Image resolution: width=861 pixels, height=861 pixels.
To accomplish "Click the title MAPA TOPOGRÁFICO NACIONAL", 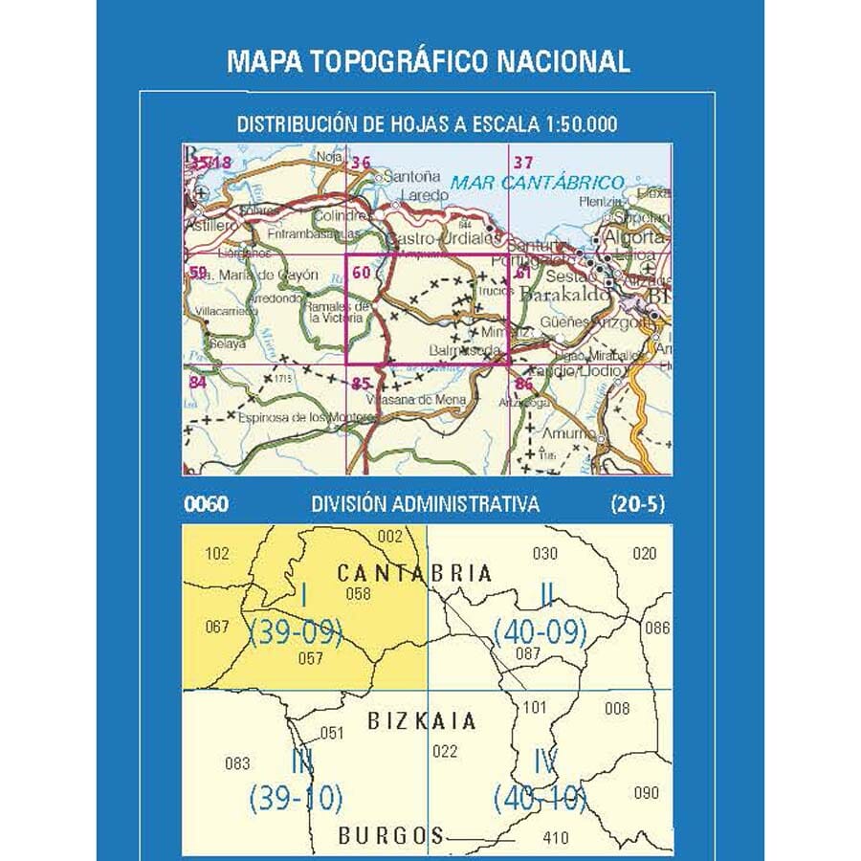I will [429, 62].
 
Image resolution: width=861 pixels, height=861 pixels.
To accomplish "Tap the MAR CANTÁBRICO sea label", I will [538, 182].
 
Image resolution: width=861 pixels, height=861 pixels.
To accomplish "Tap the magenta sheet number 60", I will [361, 272].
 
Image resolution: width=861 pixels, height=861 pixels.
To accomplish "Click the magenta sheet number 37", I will [522, 162].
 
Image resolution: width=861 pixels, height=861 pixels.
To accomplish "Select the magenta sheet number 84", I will [198, 383].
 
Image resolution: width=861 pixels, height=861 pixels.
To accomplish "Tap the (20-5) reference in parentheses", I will [637, 504].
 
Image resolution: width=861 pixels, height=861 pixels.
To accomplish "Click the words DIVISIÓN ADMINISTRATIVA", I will [425, 504].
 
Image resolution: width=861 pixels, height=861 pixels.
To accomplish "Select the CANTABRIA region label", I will [414, 573].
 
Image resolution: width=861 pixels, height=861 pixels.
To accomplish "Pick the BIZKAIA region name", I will [421, 721].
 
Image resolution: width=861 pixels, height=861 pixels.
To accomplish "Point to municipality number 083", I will [237, 763].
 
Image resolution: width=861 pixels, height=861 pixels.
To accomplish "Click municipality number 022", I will [445, 751].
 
